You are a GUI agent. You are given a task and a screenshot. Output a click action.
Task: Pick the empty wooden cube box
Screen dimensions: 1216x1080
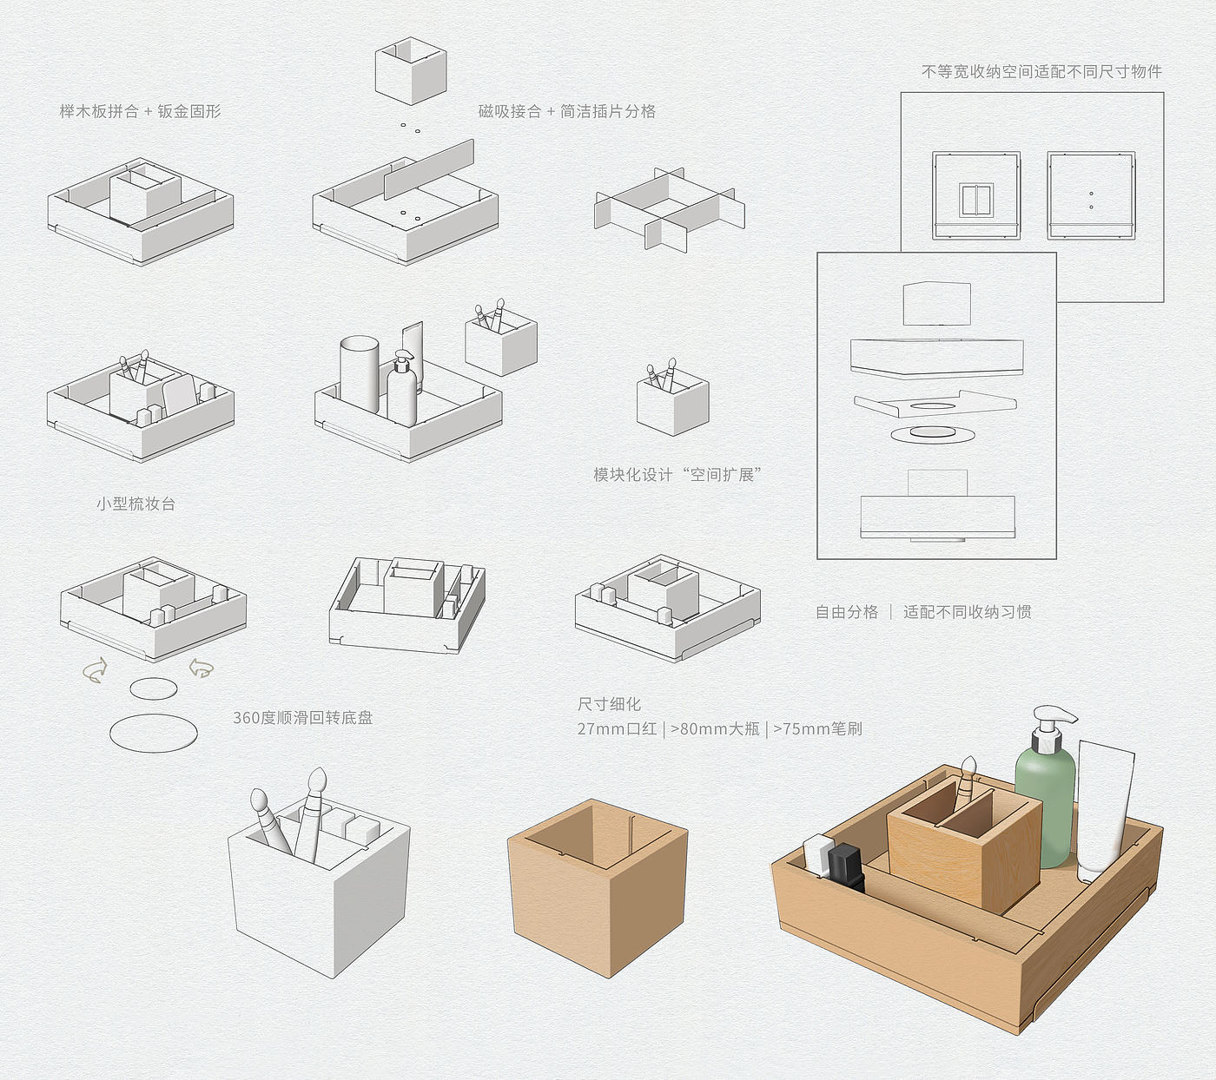598,886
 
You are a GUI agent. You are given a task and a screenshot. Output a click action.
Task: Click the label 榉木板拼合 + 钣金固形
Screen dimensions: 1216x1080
140,111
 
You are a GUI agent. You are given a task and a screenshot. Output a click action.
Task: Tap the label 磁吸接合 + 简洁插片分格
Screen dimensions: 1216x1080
566,111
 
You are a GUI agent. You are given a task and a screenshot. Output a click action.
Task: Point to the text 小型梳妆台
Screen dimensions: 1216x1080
135,504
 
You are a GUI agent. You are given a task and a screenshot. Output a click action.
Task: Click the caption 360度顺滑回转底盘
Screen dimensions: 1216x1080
302,717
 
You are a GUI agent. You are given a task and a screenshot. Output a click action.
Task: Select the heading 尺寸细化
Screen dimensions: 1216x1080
609,704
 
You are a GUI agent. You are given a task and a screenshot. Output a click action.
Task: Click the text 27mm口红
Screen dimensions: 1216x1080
617,728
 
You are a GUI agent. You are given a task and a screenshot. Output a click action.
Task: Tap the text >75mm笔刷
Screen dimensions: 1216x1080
817,728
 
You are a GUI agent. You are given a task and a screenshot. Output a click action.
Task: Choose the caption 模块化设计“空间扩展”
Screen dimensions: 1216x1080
677,475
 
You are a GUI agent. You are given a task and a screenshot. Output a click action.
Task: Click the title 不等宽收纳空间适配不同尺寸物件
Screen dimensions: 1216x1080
1041,71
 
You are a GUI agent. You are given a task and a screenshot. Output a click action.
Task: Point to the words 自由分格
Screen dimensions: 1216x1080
846,612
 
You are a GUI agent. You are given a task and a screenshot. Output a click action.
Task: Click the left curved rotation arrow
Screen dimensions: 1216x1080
94,669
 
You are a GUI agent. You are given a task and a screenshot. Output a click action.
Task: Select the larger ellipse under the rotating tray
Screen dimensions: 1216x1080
154,732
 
